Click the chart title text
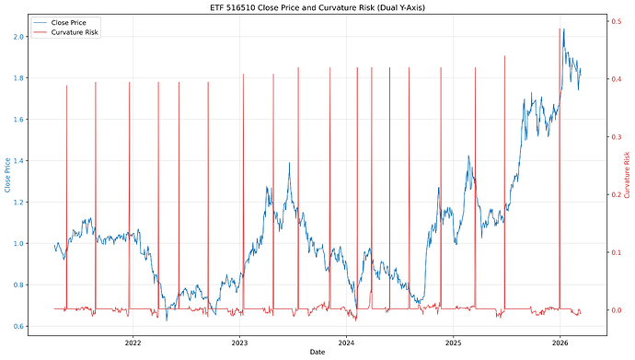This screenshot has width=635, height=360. [x=317, y=7]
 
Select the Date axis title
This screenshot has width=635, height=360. [x=317, y=353]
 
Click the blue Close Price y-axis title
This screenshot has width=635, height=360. [x=8, y=175]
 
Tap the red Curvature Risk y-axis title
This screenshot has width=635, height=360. [x=627, y=175]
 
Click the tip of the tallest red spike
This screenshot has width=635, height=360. [x=560, y=29]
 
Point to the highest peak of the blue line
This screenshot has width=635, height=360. [x=563, y=29]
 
